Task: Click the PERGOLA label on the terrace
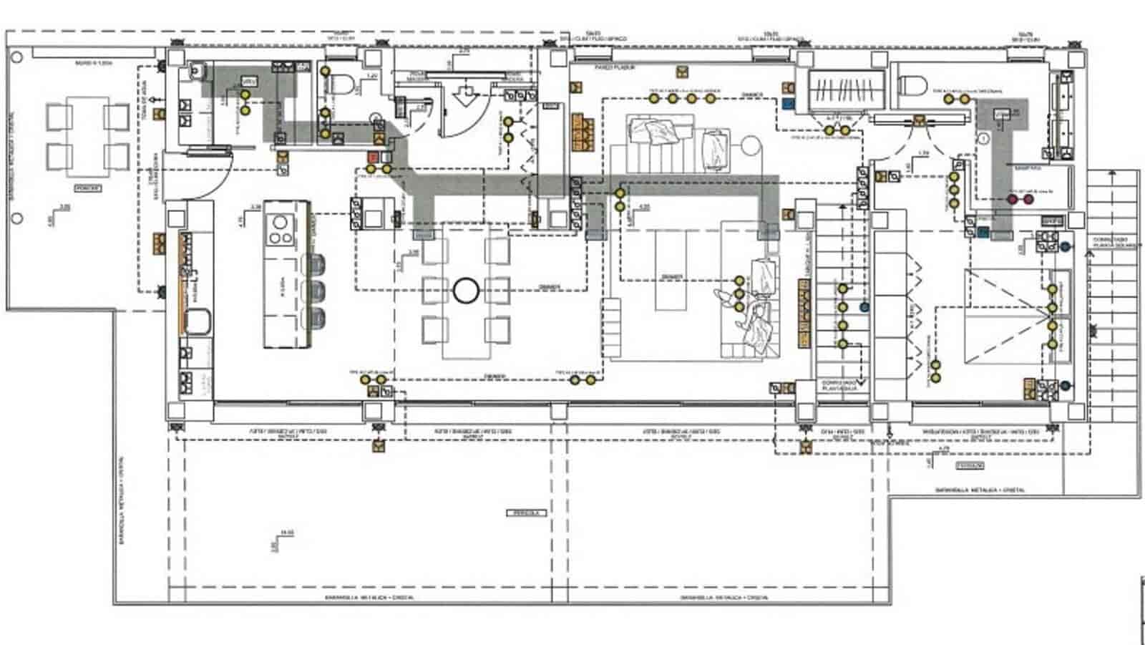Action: pos(526,513)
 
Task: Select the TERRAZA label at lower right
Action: pos(969,465)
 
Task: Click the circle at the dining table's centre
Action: pos(466,291)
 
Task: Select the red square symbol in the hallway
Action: pos(373,157)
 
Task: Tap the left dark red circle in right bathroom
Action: pos(1013,199)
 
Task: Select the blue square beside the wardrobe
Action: pos(789,103)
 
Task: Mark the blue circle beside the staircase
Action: pos(864,306)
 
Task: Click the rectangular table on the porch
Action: pos(87,140)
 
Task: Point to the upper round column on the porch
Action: pos(18,55)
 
